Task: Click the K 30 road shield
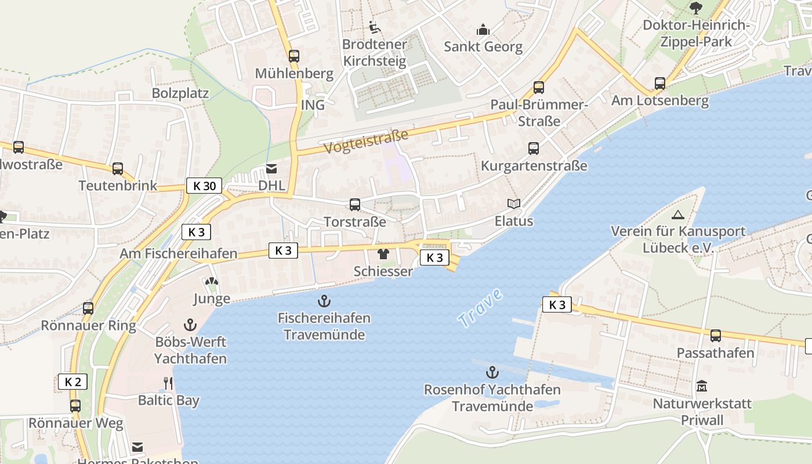click(205, 186)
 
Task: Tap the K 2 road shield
click(72, 382)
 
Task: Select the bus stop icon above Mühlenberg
click(294, 56)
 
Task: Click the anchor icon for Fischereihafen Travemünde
click(324, 300)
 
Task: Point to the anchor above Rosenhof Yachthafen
click(492, 372)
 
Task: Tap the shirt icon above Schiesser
click(383, 253)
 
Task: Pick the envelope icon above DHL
click(271, 169)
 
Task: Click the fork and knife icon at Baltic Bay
click(168, 383)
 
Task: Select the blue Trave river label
click(480, 309)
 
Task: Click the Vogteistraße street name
click(366, 142)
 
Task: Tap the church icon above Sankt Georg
click(483, 29)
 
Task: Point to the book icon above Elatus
click(513, 204)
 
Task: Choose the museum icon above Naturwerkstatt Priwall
click(702, 386)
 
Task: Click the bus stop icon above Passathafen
click(716, 335)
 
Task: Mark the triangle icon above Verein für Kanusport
click(677, 215)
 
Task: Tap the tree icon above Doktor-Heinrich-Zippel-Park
click(696, 8)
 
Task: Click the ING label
click(313, 106)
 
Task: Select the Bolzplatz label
click(180, 93)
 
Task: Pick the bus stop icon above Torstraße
click(354, 204)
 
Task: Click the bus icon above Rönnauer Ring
click(88, 308)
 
